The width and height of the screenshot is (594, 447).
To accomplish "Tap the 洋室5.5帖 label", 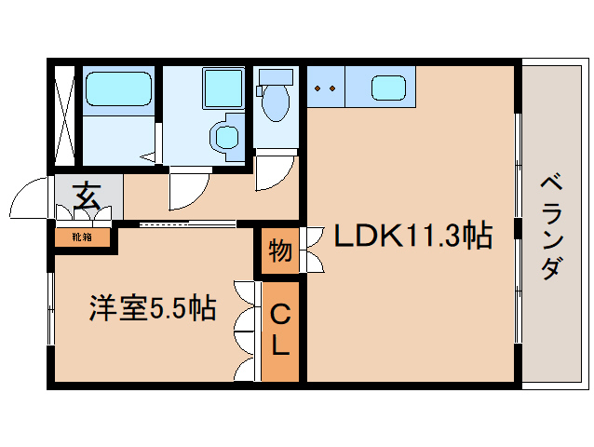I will pyautogui.click(x=153, y=307).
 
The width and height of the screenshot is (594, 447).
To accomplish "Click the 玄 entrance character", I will pyautogui.click(x=87, y=198).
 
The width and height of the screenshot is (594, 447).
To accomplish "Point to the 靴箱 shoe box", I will pyautogui.click(x=81, y=237).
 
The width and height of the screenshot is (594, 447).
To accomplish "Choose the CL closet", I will pyautogui.click(x=279, y=332).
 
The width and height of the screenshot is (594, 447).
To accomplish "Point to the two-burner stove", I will pyautogui.click(x=326, y=88).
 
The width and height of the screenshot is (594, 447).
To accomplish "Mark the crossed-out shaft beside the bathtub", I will pyautogui.click(x=64, y=116).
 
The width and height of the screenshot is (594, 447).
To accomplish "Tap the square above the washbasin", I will pyautogui.click(x=223, y=87).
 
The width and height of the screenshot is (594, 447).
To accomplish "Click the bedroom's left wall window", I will pyautogui.click(x=49, y=307).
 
